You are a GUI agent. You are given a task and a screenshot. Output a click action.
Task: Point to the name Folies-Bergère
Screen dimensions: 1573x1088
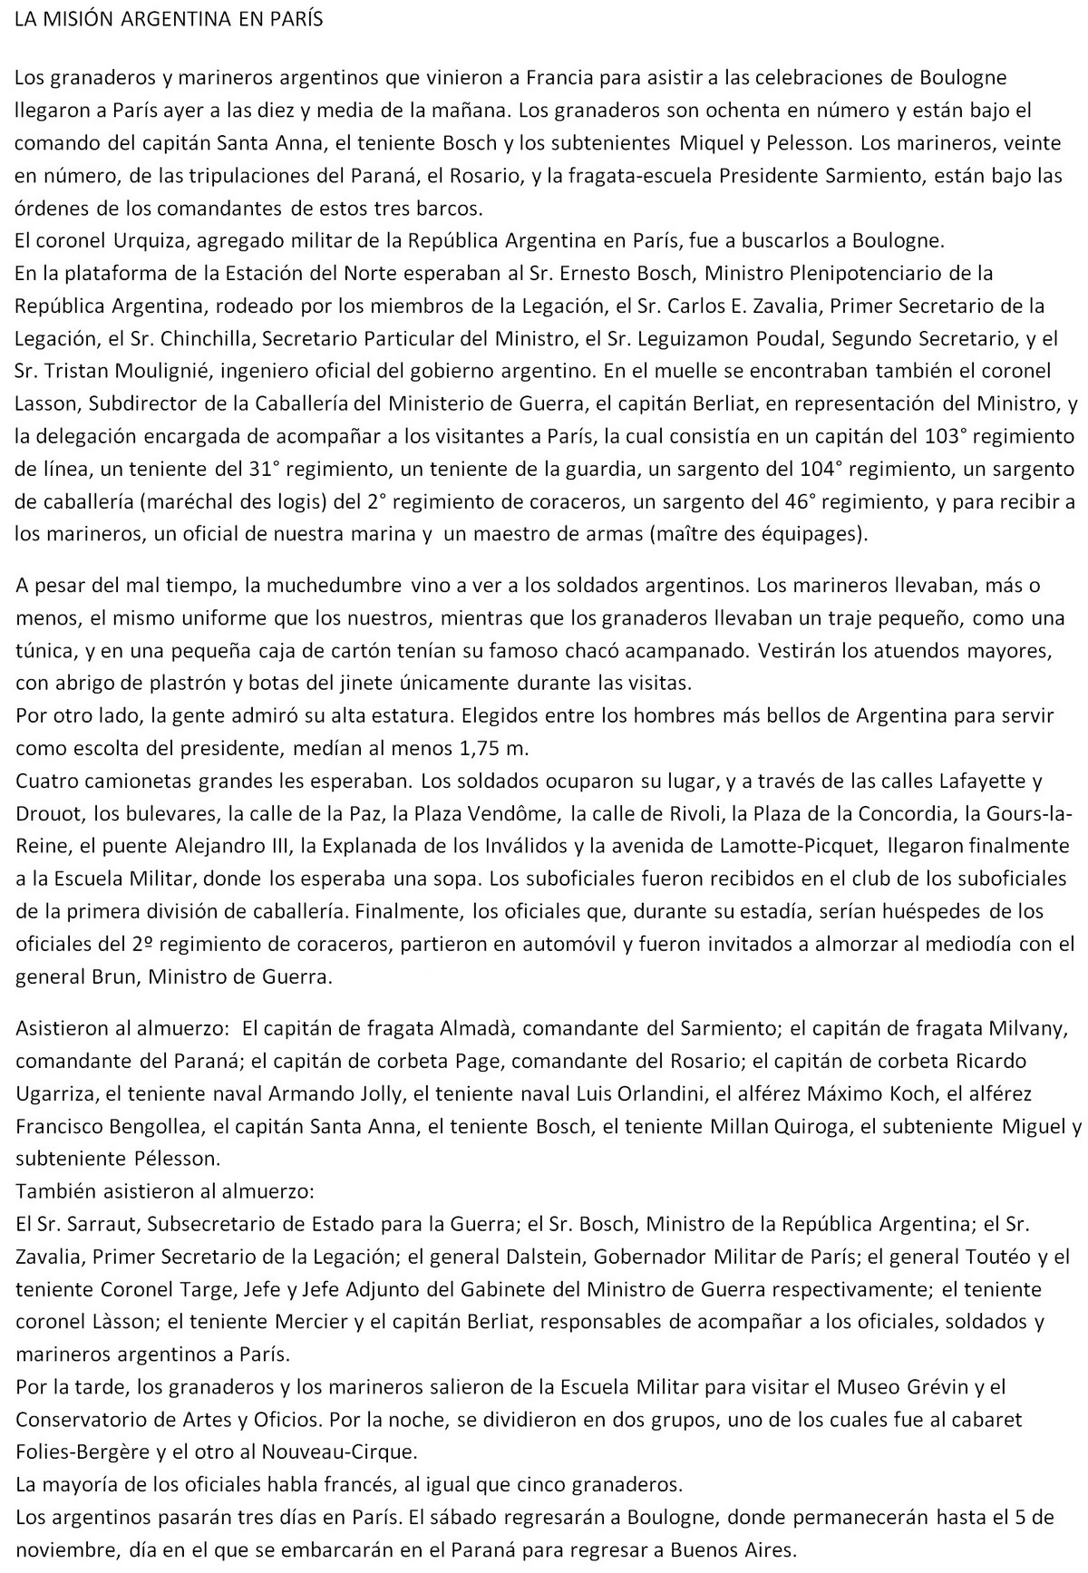click(76, 1452)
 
